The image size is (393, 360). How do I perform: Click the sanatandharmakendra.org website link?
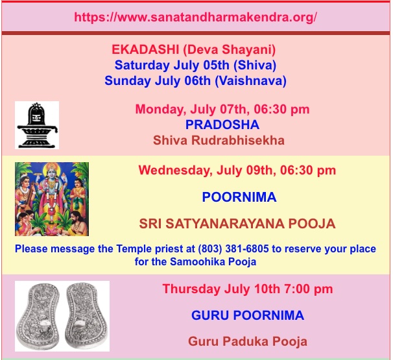pyautogui.click(x=195, y=18)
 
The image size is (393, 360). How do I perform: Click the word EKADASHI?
pyautogui.click(x=145, y=49)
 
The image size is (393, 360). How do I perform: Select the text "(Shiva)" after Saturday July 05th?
pyautogui.click(x=255, y=65)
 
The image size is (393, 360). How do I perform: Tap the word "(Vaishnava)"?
pyautogui.click(x=250, y=81)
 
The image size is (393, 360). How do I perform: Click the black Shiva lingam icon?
pyautogui.click(x=37, y=125)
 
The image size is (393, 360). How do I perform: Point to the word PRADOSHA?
pyautogui.click(x=222, y=125)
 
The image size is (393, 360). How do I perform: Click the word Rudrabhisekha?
pyautogui.click(x=238, y=140)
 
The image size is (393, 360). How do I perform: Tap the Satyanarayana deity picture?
pyautogui.click(x=52, y=198)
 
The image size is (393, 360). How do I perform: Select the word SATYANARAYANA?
pyautogui.click(x=225, y=224)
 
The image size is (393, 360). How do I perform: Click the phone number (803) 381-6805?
pyautogui.click(x=233, y=249)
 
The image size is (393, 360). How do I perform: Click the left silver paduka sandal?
pyautogui.click(x=38, y=316)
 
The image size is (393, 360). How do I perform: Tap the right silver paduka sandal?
pyautogui.click(x=87, y=316)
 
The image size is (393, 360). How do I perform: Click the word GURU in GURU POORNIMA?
pyautogui.click(x=210, y=315)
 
